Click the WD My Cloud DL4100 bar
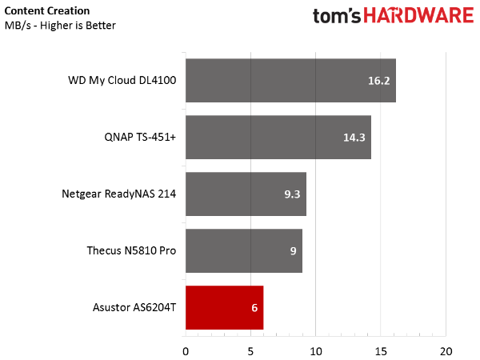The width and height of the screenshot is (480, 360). click(x=290, y=81)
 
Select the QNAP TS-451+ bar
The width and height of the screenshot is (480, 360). click(x=278, y=137)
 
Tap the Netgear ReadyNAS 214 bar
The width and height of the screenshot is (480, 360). click(x=246, y=194)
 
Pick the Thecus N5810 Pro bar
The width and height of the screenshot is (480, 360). click(x=244, y=250)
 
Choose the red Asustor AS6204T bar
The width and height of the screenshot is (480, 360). click(x=224, y=308)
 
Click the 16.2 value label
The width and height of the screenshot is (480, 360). click(x=378, y=81)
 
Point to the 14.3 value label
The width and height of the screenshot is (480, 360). click(x=354, y=138)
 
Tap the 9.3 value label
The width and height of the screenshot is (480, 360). click(x=292, y=194)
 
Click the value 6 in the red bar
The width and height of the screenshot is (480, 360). click(x=254, y=308)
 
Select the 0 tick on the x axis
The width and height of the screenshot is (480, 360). click(x=186, y=352)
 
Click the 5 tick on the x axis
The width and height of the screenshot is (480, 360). click(x=250, y=352)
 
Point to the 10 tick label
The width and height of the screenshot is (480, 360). click(x=316, y=352)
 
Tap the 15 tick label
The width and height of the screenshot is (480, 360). click(x=381, y=352)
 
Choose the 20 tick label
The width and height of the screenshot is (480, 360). click(x=446, y=352)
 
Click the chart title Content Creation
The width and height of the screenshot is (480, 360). click(x=47, y=11)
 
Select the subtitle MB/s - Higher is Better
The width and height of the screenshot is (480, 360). click(x=60, y=26)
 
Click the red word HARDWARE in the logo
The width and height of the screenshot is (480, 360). click(x=418, y=16)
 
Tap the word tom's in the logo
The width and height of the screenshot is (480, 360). click(x=337, y=16)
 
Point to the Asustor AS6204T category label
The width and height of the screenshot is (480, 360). click(x=134, y=307)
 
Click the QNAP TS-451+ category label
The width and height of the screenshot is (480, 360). click(x=140, y=137)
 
